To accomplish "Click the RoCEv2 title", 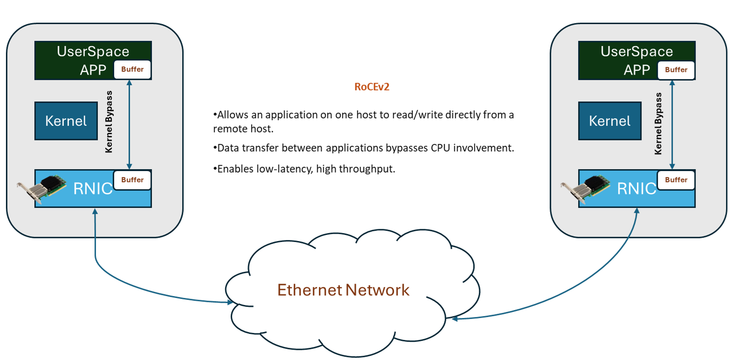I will [x=372, y=87].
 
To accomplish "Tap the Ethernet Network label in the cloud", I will [x=343, y=290].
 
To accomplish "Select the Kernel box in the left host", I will [x=66, y=121].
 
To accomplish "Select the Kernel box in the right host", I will [x=609, y=121].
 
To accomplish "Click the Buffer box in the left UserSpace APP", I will [x=132, y=70].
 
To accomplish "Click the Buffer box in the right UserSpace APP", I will [x=676, y=70].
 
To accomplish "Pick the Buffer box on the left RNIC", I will [x=132, y=180].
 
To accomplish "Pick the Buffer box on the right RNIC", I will [x=676, y=180].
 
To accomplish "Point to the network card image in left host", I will [x=42, y=188].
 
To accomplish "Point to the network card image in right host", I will [x=585, y=188].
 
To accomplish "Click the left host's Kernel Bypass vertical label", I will [x=109, y=122].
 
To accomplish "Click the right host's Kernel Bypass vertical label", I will [x=658, y=123].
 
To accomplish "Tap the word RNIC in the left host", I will [x=93, y=189].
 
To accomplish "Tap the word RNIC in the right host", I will [x=636, y=189].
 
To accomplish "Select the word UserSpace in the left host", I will [x=93, y=51].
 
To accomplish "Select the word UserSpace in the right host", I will [x=637, y=51].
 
